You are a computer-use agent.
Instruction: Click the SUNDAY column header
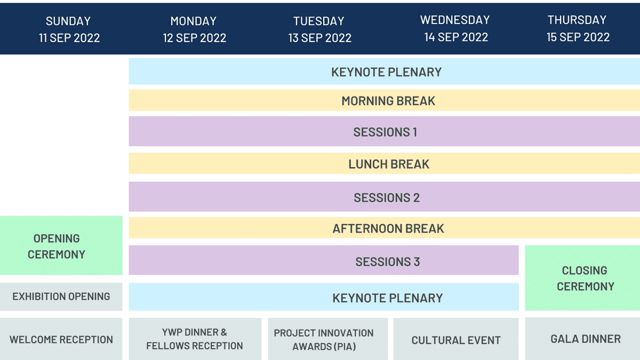[68, 21]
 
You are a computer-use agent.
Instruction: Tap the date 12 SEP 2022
[194, 38]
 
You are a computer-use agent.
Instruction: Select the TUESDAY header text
[318, 21]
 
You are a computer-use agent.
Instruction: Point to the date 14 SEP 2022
[456, 37]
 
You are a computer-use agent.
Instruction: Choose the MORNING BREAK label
[388, 101]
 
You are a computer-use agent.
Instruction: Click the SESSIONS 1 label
[385, 132]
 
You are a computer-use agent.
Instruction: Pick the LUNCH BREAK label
[389, 164]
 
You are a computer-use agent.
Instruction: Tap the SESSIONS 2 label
[387, 198]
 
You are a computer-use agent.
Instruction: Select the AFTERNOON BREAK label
[388, 229]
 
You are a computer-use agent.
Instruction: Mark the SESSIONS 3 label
[388, 262]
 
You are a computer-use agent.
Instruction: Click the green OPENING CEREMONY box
[57, 246]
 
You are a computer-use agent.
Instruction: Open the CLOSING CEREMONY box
[585, 278]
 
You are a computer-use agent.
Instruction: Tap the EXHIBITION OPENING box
[61, 297]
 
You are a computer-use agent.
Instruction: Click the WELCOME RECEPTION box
[61, 340]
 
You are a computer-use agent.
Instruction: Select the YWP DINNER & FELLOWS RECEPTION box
[195, 339]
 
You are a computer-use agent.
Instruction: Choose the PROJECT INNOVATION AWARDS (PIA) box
[324, 340]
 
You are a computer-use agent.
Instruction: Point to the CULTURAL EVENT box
[456, 340]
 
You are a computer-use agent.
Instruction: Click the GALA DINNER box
[585, 339]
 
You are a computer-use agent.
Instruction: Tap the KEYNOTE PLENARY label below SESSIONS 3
[388, 298]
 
